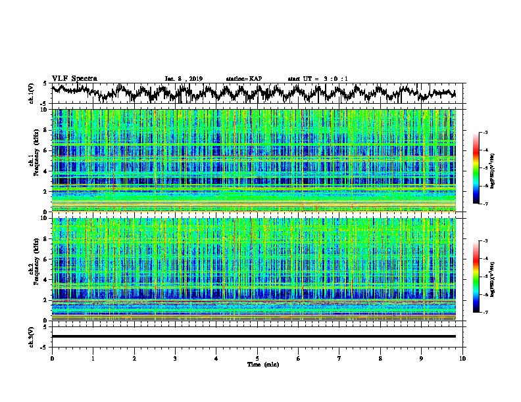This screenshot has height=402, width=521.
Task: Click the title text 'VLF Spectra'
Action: coord(74,78)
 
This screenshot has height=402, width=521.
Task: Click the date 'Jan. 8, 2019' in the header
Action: coord(183,79)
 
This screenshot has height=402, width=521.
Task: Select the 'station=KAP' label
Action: coord(243,79)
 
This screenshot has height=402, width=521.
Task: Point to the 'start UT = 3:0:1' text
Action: coord(318,79)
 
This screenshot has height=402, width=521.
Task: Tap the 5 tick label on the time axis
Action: coord(257,358)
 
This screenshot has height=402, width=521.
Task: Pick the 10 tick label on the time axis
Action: coord(462,358)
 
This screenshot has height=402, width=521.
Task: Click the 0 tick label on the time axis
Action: coord(52,358)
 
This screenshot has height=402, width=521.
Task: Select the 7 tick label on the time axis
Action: coord(339,358)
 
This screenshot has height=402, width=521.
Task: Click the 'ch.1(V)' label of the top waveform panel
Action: coord(32,93)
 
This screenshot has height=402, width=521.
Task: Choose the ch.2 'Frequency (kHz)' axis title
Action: coord(35,269)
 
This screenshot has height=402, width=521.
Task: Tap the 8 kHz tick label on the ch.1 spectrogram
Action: coord(46,130)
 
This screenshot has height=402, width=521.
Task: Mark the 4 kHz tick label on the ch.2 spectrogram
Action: coord(46,280)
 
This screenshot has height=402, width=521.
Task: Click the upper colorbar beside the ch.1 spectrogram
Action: coord(476,168)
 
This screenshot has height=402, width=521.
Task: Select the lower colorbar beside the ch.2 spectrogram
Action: coord(476,277)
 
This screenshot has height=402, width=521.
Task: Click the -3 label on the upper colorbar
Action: coord(485,133)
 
